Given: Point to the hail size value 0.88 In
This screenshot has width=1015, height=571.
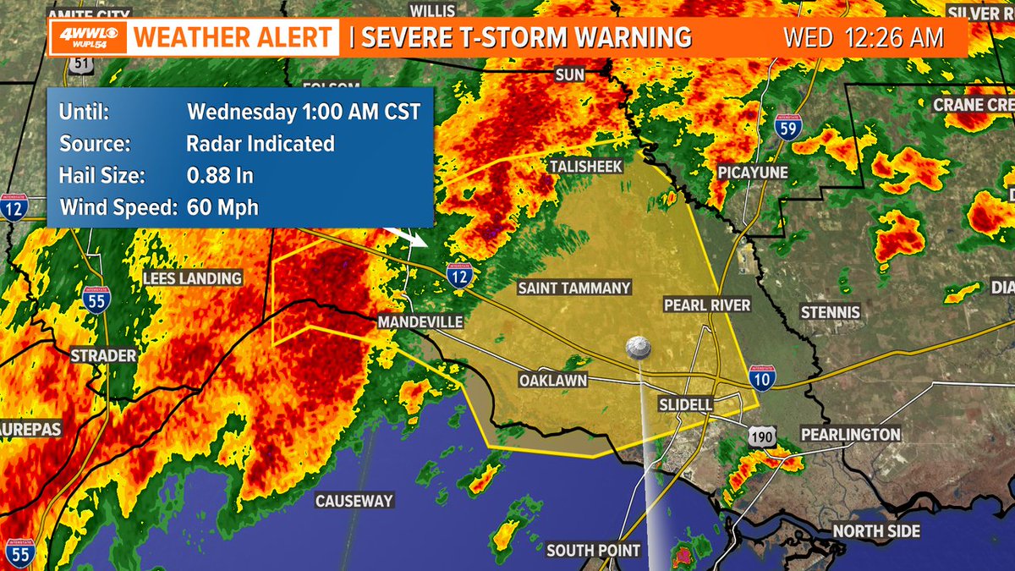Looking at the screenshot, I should (x=220, y=176).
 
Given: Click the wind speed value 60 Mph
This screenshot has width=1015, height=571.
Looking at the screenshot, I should (x=222, y=207).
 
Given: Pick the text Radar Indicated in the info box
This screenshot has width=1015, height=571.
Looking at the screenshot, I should (x=261, y=144).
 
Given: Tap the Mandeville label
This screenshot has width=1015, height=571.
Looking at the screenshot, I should (x=420, y=322).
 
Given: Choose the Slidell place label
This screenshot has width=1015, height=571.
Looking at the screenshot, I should (x=685, y=405).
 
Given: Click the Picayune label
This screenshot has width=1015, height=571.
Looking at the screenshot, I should (x=753, y=173).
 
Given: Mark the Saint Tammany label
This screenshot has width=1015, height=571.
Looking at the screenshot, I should (x=574, y=288).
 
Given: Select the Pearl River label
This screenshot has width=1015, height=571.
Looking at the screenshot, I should (x=707, y=305).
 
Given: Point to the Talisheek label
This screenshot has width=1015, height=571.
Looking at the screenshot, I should (x=586, y=167).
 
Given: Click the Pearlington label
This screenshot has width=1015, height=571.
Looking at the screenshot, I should (x=850, y=434).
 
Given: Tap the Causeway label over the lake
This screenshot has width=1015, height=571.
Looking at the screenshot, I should (x=354, y=501).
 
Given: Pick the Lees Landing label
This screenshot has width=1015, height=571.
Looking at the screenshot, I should (x=192, y=278).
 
